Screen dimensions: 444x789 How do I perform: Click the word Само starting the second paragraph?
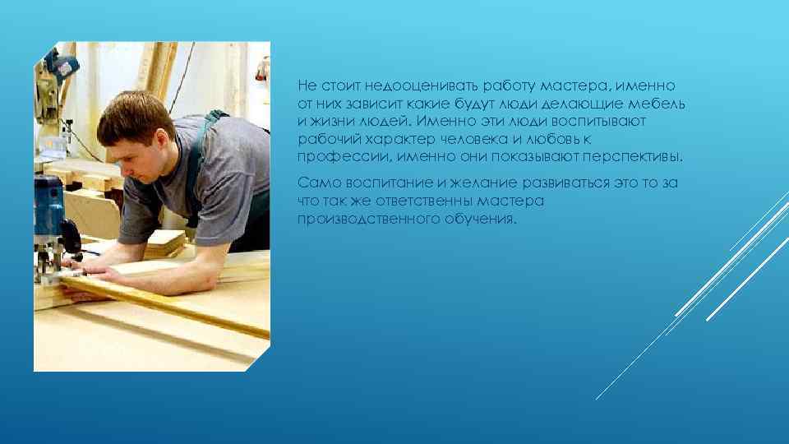(316, 183)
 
